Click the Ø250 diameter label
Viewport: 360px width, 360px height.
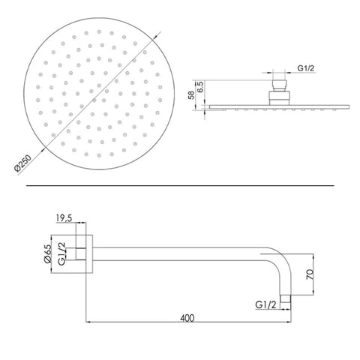(22, 163)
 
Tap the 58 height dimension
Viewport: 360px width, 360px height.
(191, 95)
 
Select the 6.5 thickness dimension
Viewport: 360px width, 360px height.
(202, 86)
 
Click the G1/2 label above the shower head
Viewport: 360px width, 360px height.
(306, 68)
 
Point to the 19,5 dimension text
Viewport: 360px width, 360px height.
(64, 218)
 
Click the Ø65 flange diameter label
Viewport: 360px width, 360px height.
(47, 253)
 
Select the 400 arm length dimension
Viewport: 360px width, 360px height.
(187, 318)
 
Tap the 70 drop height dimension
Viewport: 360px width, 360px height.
(309, 274)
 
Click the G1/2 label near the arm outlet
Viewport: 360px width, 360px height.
(265, 304)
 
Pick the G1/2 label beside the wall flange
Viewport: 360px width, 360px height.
(61, 253)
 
